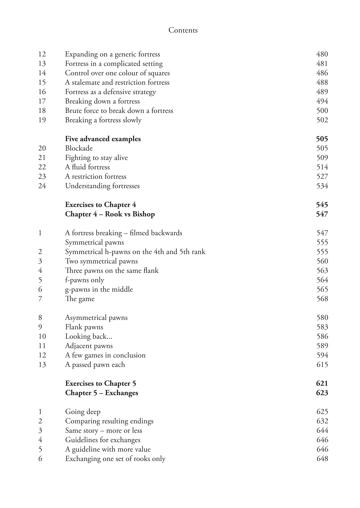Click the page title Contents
pyautogui.click(x=183, y=30)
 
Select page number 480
pyautogui.click(x=322, y=54)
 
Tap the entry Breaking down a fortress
pyautogui.click(x=102, y=101)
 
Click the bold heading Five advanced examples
pyautogui.click(x=103, y=139)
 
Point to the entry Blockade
pyautogui.click(x=79, y=148)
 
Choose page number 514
pyautogui.click(x=322, y=167)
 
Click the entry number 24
pyautogui.click(x=42, y=186)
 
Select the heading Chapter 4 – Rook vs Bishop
pyautogui.click(x=110, y=214)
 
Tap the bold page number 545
pyautogui.click(x=322, y=205)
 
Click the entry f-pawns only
pyautogui.click(x=84, y=280)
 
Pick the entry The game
pyautogui.click(x=80, y=299)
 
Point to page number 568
pyautogui.click(x=322, y=299)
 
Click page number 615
pyautogui.click(x=322, y=365)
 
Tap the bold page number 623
pyautogui.click(x=322, y=393)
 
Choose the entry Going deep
pyautogui.click(x=83, y=412)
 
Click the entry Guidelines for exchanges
pyautogui.click(x=103, y=440)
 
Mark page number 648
pyautogui.click(x=322, y=459)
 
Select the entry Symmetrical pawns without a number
pyautogui.click(x=94, y=242)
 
